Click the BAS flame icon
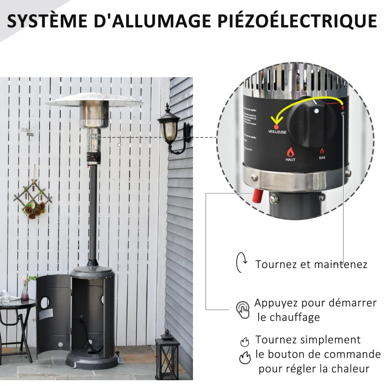[x=322, y=151]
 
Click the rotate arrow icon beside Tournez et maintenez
[x=241, y=262]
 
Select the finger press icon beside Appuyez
[x=243, y=309]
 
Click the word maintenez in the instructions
[x=341, y=264]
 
